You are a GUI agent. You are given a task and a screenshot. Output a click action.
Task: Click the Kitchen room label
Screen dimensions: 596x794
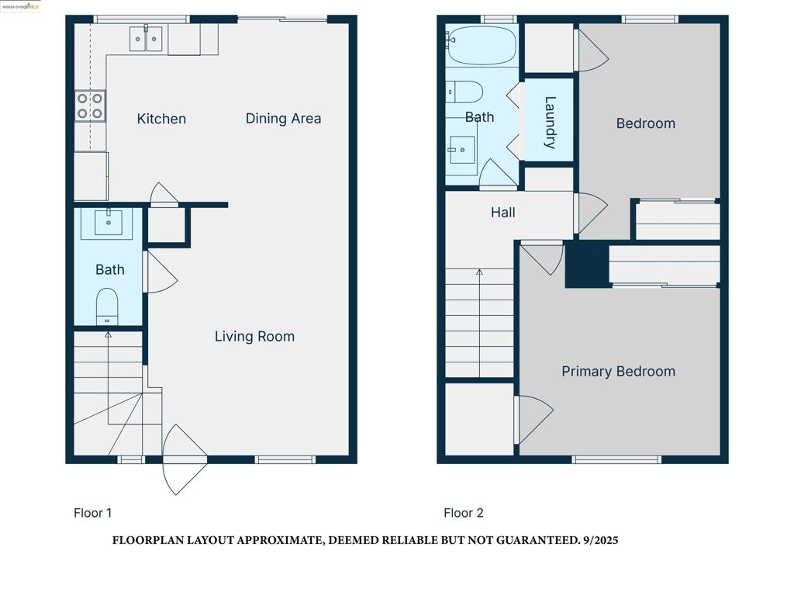pos(161,119)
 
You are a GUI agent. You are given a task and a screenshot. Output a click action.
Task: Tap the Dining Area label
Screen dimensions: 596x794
pos(283,119)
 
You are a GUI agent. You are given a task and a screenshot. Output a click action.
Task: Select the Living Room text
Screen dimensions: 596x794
pos(254,337)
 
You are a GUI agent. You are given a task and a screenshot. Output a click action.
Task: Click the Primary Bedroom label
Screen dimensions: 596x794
pos(618,372)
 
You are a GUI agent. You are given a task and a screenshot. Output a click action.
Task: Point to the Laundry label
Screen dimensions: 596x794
pos(550,122)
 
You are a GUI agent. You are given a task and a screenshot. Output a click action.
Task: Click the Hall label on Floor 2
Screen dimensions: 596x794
pos(502,213)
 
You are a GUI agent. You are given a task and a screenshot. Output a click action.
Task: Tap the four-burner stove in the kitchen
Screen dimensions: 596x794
pos(90,106)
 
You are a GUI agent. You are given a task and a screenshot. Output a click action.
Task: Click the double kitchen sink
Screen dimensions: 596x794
pos(146,37)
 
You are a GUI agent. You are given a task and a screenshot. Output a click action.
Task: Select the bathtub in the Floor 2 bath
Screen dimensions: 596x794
pos(481,45)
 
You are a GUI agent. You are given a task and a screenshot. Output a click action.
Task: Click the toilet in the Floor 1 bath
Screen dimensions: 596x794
pos(107,306)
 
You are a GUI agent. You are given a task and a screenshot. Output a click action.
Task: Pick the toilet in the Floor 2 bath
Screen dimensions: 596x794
pos(465,92)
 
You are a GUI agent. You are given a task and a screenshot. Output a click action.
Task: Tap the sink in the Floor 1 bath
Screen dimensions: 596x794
pos(108,222)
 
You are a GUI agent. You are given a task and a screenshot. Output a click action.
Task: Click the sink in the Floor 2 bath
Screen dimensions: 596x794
pos(462,149)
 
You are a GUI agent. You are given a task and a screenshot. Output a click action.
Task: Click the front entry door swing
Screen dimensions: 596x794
pos(183,459)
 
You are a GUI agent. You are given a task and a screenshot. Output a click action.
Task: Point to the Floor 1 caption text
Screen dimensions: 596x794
pos(92,513)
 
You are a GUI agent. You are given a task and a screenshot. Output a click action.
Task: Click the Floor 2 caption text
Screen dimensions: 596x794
pos(463,513)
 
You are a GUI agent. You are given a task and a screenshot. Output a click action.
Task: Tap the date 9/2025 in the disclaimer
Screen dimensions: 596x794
pos(600,540)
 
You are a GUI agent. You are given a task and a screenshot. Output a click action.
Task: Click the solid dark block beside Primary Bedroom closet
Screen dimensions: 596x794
pos(587,265)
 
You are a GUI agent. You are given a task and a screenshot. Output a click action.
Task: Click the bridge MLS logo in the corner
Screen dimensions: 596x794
pos(21,6)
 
